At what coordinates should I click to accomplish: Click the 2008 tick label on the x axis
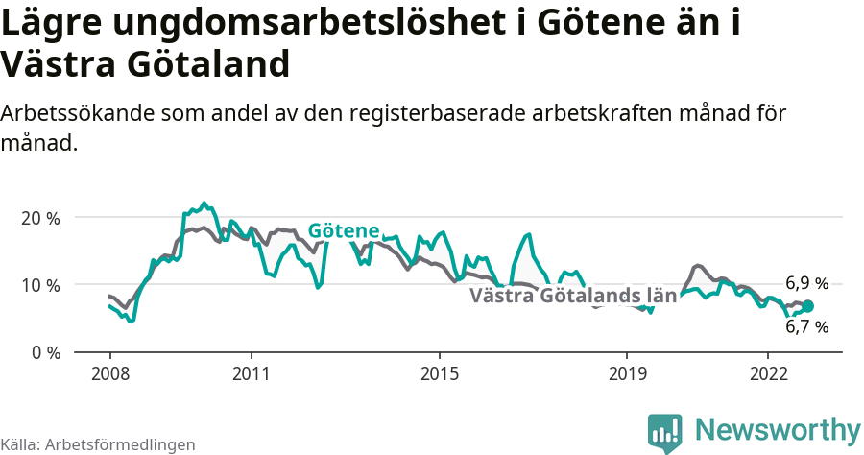pos(109,372)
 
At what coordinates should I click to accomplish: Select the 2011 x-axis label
pos(251,372)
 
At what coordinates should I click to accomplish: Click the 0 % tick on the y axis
pos(45,352)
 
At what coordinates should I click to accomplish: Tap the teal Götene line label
pos(344,231)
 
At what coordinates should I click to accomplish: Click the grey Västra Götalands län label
pos(573,296)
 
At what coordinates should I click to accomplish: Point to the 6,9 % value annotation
pos(806,283)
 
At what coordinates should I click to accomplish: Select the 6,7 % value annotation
pos(806,326)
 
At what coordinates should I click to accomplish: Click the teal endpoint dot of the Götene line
pos(807,306)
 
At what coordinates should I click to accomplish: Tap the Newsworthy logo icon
pos(665,433)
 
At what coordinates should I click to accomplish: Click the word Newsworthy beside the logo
pos(778,429)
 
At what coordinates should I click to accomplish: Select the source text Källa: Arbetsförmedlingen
pos(98,444)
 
